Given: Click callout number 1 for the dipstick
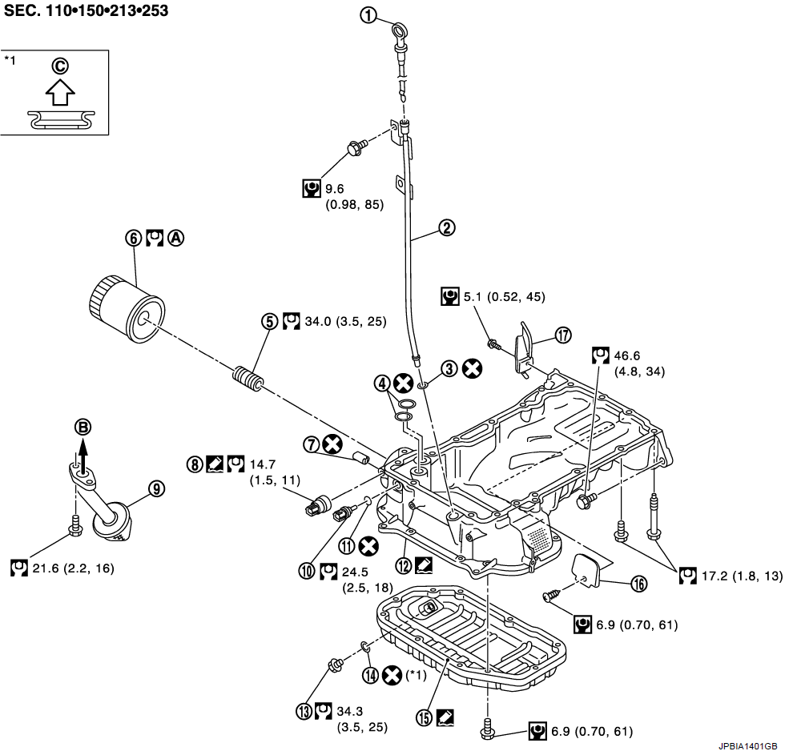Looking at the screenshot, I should click(x=368, y=15).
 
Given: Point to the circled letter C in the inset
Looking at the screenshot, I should click(x=60, y=65).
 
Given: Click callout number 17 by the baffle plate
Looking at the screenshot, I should click(x=564, y=335).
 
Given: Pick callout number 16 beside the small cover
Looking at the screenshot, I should click(x=638, y=584).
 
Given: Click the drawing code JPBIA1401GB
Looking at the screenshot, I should click(x=747, y=742).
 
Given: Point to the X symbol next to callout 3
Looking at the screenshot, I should click(x=473, y=367).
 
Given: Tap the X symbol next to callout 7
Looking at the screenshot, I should click(x=329, y=444).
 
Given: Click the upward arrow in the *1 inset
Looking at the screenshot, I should click(x=60, y=92).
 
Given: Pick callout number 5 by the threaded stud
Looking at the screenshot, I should click(x=270, y=321).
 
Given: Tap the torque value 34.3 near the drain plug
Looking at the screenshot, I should click(x=351, y=710).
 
